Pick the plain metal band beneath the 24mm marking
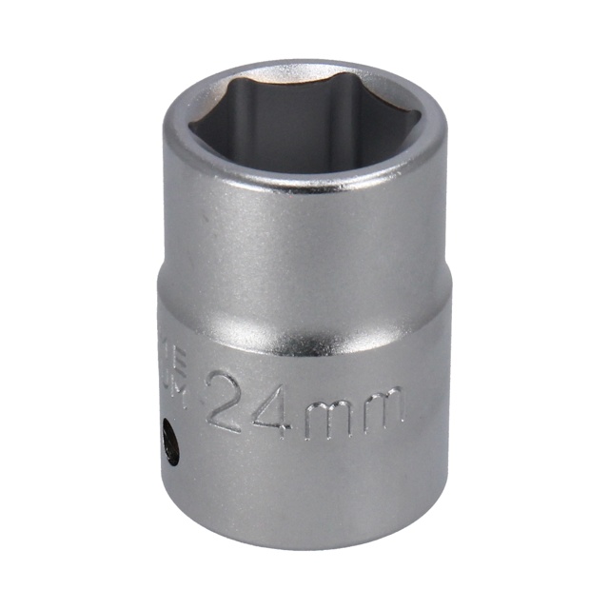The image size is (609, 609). [x=304, y=476]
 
